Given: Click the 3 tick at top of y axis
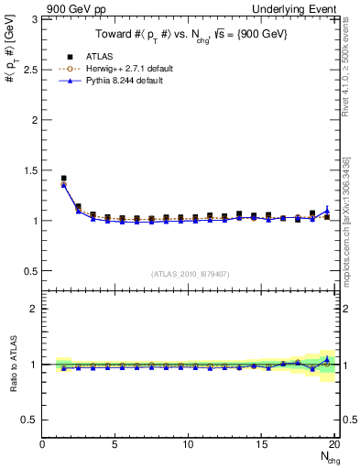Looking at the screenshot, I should pyautogui.click(x=35, y=19).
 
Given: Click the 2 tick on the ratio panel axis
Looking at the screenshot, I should pyautogui.click(x=35, y=309).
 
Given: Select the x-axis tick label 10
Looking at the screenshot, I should pyautogui.click(x=188, y=444).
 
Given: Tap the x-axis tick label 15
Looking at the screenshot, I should pyautogui.click(x=261, y=444).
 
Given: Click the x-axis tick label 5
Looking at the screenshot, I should pyautogui.click(x=115, y=444).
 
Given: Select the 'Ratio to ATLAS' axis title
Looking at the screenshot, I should pyautogui.click(x=12, y=364).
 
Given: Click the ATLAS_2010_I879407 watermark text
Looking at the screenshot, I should pyautogui.click(x=190, y=273).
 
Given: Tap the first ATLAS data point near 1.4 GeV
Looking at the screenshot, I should pyautogui.click(x=63, y=179).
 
